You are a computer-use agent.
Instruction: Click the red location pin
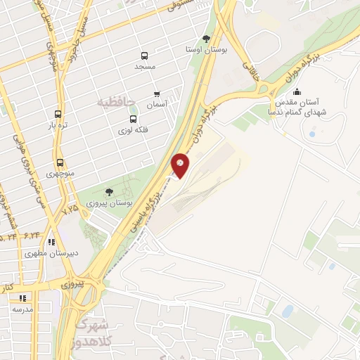click(181, 164)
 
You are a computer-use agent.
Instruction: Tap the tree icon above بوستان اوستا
click(205, 39)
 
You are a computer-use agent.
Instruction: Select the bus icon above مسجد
click(144, 56)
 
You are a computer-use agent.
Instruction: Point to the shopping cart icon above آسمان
click(157, 94)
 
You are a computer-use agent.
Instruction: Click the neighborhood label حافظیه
click(115, 103)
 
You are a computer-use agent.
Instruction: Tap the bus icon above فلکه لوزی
click(134, 119)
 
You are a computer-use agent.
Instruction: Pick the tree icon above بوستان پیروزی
click(108, 191)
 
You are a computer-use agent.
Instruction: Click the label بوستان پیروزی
click(109, 202)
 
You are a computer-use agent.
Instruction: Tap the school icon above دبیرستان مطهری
click(52, 241)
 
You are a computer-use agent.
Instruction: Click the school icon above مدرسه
click(23, 298)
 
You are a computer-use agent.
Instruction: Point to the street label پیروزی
click(72, 285)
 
